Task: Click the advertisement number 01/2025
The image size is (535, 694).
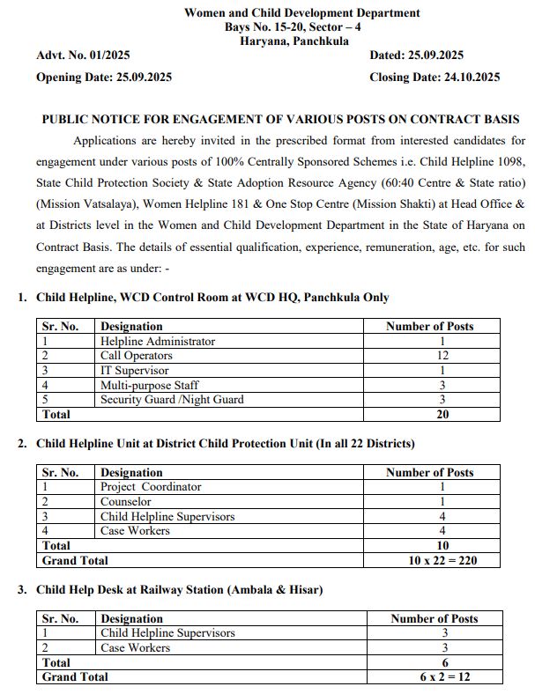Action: (x=84, y=55)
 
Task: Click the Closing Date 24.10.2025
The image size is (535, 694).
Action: (x=435, y=77)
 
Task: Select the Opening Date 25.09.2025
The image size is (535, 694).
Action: (x=104, y=77)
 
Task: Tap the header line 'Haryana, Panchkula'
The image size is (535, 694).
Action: (x=301, y=41)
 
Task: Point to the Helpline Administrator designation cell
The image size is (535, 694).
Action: (x=157, y=341)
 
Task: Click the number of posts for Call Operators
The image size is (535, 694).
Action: (x=442, y=356)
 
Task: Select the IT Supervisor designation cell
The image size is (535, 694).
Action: (x=134, y=371)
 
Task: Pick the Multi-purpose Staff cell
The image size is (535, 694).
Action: (x=149, y=385)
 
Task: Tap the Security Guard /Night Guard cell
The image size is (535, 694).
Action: (x=172, y=400)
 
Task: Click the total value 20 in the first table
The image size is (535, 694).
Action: (x=442, y=414)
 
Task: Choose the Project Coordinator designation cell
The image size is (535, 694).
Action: (x=151, y=487)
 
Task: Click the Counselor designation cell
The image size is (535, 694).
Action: (x=125, y=502)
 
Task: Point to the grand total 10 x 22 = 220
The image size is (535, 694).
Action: (x=442, y=560)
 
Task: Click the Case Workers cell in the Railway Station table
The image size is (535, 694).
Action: (x=135, y=647)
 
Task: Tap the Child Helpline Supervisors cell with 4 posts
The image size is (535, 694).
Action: (x=167, y=516)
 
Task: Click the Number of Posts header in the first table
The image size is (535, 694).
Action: (x=429, y=327)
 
